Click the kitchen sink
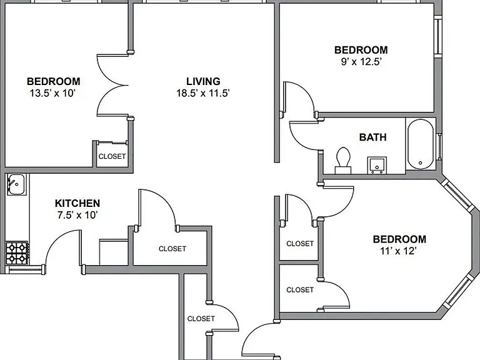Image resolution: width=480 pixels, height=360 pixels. point(16,184)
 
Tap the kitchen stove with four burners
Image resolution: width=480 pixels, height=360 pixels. point(17,253)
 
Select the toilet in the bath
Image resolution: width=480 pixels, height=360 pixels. point(343,161)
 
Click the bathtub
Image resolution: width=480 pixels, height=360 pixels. point(421,144)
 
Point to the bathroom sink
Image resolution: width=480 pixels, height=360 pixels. point(377,165)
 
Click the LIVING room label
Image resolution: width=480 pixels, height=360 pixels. point(203,81)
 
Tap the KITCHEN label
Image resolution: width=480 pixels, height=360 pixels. point(77,203)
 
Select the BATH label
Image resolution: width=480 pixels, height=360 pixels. point(373,137)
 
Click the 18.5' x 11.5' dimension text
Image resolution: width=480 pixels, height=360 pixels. point(203,93)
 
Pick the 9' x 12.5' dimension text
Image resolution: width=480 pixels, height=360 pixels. point(361,62)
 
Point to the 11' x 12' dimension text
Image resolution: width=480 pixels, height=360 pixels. point(398,251)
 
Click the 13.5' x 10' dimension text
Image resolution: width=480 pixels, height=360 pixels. point(52,93)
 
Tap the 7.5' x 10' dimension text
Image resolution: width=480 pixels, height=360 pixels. point(77,215)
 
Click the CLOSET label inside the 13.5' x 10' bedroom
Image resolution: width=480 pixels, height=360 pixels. point(112,156)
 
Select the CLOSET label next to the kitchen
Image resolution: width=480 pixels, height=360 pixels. point(172,249)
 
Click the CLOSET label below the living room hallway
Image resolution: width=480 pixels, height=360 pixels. point(201,319)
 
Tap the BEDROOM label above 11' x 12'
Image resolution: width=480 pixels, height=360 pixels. point(399,239)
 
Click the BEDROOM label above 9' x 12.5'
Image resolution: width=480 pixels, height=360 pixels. point(361,50)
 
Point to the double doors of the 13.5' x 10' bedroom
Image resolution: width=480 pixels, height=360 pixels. point(112,86)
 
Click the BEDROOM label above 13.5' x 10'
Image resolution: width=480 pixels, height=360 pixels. point(54,81)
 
